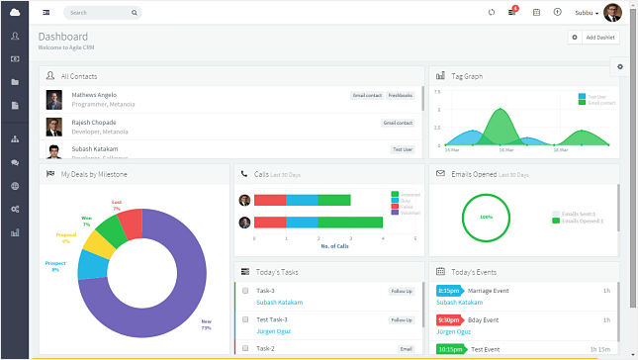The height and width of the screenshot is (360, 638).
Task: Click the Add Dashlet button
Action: click(593, 37)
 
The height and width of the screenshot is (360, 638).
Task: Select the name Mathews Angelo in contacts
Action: click(93, 95)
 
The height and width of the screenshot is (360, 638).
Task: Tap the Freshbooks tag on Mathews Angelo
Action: click(401, 96)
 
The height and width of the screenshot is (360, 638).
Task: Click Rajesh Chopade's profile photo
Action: click(53, 126)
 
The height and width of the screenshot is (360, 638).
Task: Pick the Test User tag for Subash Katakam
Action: click(402, 149)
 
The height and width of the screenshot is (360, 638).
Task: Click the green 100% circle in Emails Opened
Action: click(486, 217)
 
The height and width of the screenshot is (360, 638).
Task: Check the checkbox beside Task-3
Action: click(245, 291)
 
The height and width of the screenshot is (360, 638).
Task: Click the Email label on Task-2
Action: click(406, 349)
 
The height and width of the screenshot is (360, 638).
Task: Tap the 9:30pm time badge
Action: click(449, 319)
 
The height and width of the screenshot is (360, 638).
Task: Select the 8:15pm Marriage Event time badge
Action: click(449, 291)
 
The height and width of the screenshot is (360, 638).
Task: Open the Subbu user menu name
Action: click(586, 13)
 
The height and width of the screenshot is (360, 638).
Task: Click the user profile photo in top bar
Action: click(612, 13)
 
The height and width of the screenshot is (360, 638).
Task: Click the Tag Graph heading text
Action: click(467, 75)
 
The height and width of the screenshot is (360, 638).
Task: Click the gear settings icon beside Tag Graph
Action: click(620, 66)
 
